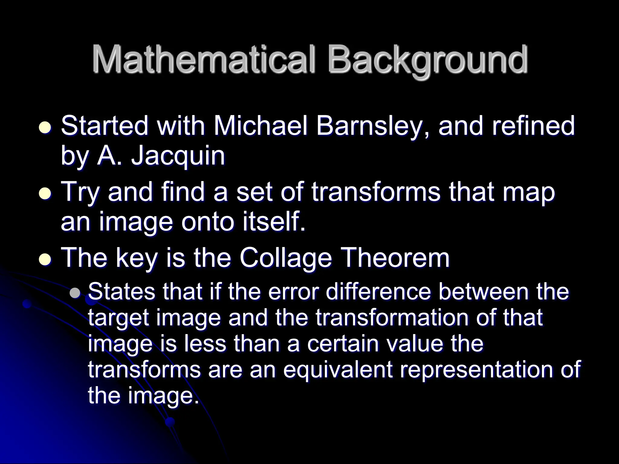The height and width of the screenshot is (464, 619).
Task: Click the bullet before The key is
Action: tap(46, 259)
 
